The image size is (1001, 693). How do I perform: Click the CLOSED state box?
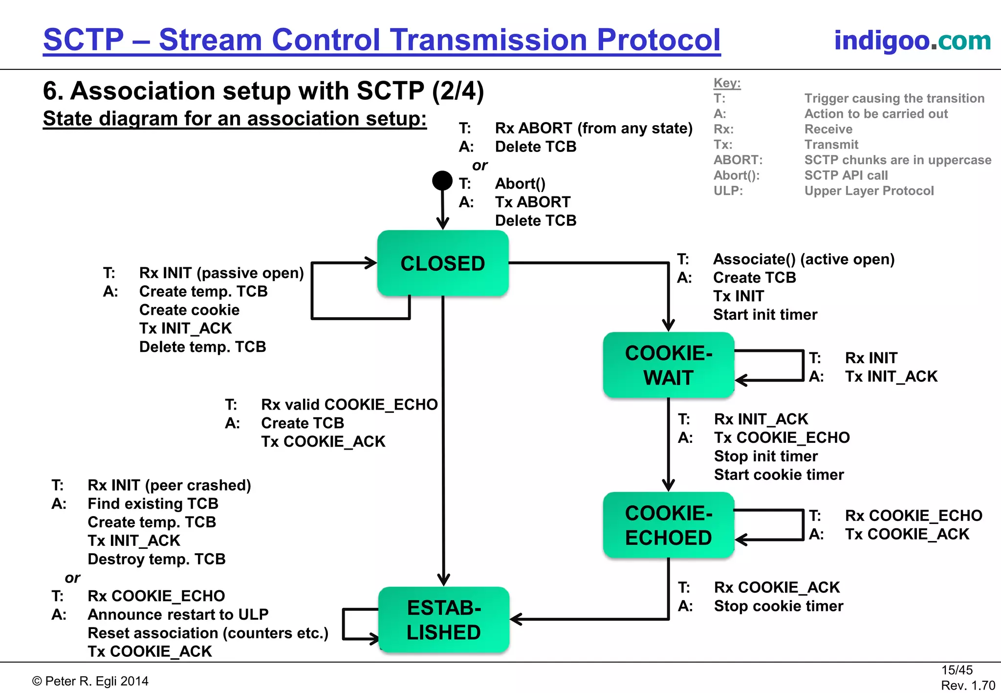click(442, 263)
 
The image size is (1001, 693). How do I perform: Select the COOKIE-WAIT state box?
click(668, 365)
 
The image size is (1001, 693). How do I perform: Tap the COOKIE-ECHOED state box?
click(668, 525)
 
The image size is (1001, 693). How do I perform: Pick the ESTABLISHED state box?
click(443, 620)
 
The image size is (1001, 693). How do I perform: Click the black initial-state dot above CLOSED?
click(442, 180)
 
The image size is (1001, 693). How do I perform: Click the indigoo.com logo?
click(912, 40)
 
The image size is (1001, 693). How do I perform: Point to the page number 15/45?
click(957, 670)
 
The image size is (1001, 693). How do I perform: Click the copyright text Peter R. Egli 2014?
click(91, 681)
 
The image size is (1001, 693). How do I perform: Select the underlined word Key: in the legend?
click(727, 83)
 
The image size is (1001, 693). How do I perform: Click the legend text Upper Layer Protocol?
click(869, 191)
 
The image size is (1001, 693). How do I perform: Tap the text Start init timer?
click(765, 315)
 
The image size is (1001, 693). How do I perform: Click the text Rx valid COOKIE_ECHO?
click(349, 405)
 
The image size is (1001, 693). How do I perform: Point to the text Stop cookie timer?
click(778, 606)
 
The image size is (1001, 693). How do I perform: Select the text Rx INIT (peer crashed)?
click(169, 485)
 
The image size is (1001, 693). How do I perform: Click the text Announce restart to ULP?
click(178, 614)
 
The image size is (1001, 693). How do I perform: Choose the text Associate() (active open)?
click(804, 259)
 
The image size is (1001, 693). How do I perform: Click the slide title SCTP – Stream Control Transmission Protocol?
click(382, 40)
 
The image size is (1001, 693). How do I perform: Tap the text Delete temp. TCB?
click(202, 347)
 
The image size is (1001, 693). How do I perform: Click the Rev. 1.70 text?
click(968, 685)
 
